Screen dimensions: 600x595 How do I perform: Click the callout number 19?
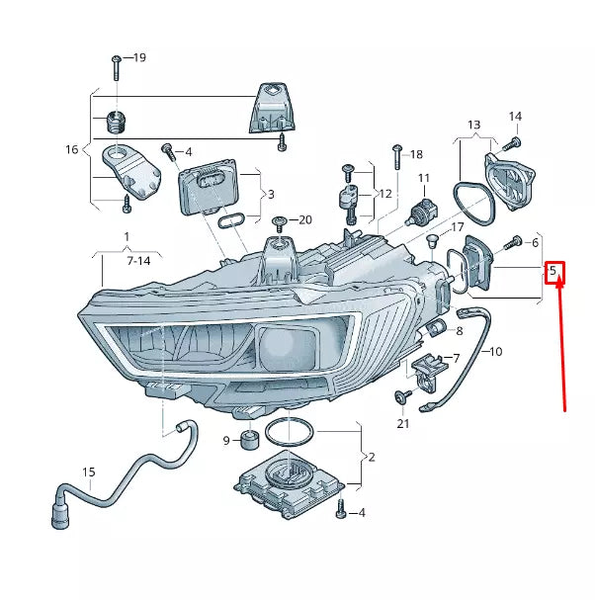138,58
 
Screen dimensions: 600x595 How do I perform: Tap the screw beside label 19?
116,65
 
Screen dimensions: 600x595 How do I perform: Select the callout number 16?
72,150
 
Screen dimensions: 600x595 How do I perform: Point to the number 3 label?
271,195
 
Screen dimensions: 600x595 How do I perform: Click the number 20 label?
304,219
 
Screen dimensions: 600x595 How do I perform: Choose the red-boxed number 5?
554,270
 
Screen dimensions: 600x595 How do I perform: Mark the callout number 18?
416,154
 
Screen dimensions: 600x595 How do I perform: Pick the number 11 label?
424,179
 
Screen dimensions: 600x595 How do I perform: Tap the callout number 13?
474,126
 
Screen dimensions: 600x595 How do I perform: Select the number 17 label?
458,228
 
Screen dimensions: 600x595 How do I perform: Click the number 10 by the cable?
495,351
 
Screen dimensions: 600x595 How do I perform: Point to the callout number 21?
402,424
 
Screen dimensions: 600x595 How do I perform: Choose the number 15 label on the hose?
89,472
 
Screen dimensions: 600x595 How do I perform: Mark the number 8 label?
459,330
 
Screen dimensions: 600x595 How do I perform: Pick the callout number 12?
384,193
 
